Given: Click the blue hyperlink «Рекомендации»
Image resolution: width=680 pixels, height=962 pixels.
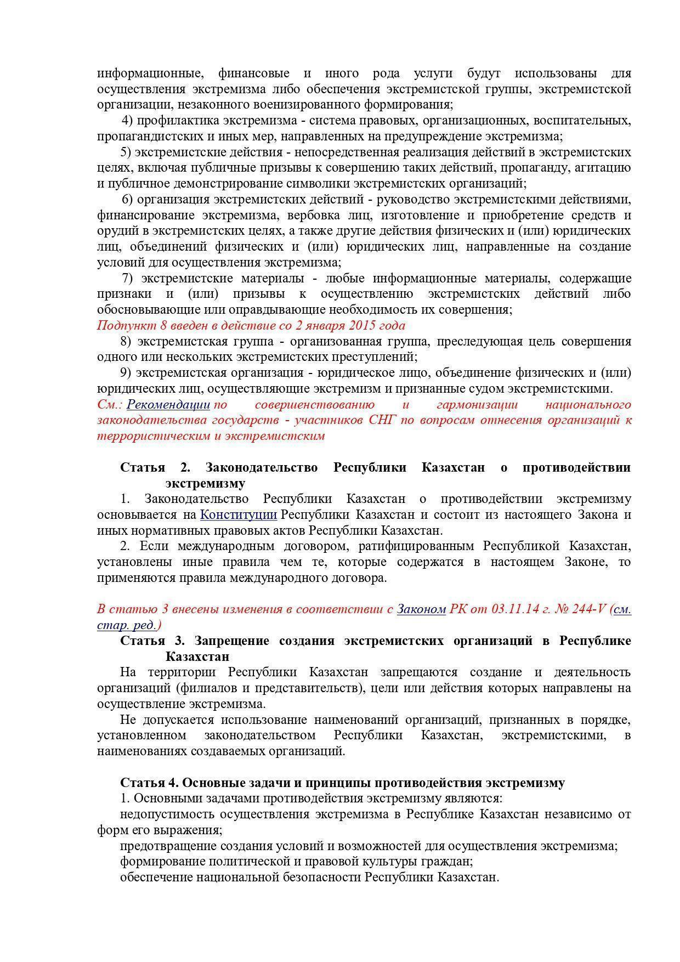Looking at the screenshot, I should click(168, 405).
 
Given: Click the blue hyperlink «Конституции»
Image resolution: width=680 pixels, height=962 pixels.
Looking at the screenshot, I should click(238, 514).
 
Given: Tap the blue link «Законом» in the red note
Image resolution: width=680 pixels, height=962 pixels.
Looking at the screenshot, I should click(421, 609).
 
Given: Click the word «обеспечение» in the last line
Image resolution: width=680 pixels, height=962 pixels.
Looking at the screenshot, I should click(156, 877).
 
